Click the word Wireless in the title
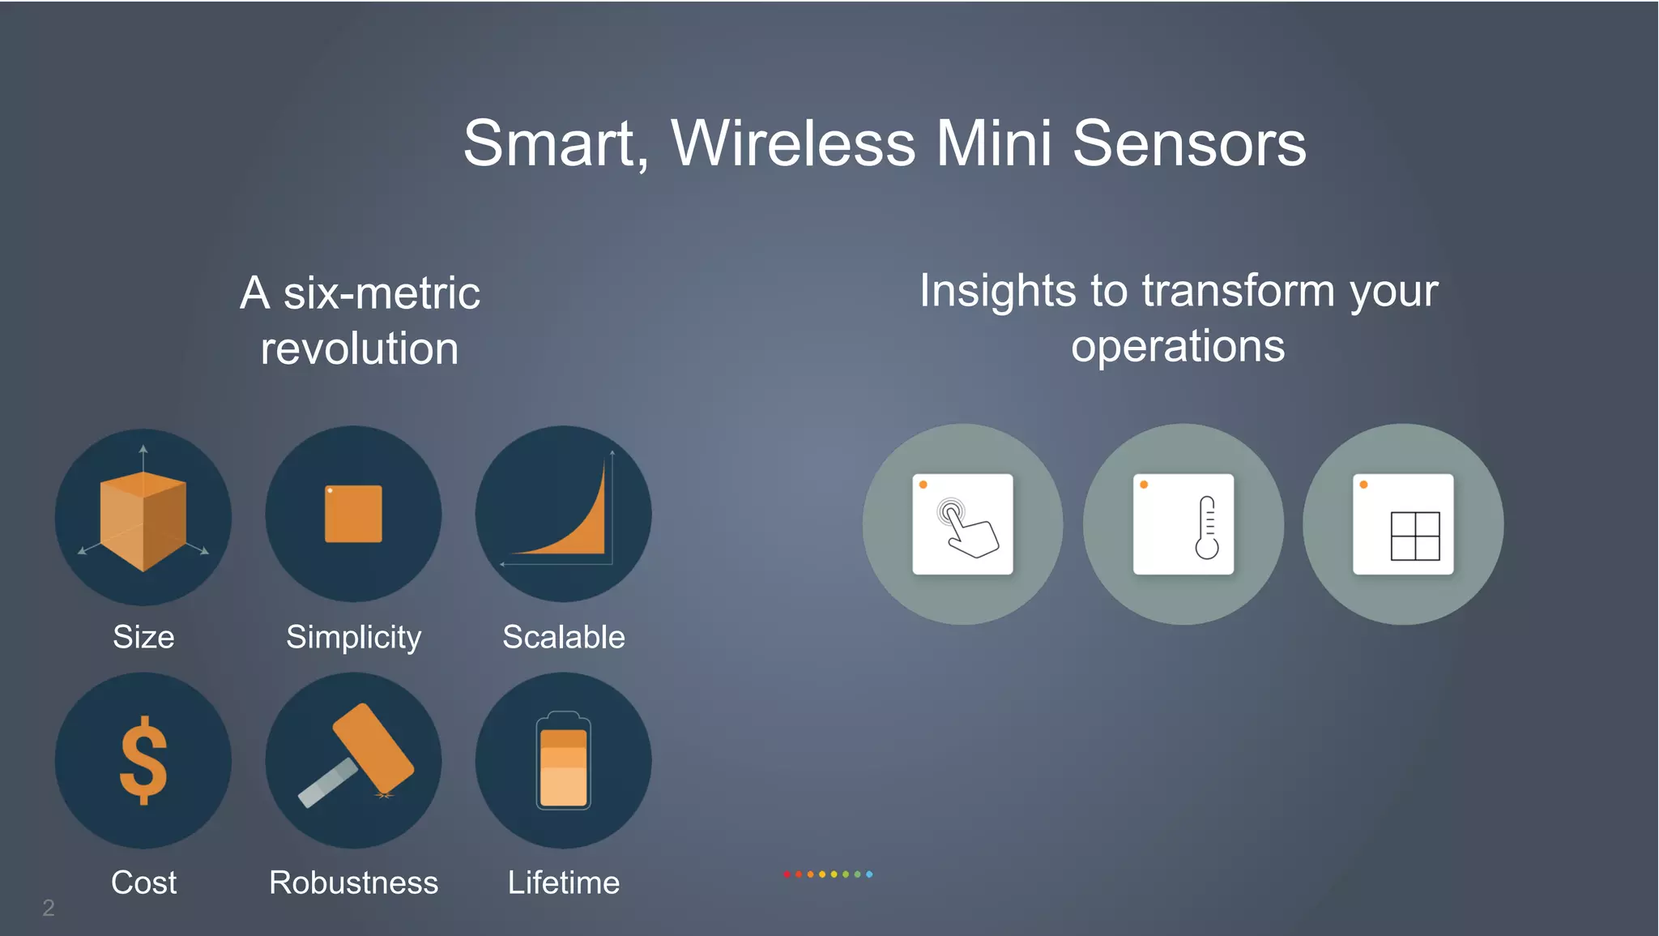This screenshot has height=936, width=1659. tap(793, 143)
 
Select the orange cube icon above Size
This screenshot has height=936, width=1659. tap(143, 520)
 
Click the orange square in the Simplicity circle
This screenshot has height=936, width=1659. tap(353, 514)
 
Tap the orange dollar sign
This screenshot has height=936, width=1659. tap(143, 760)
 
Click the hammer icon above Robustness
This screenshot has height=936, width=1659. tap(356, 754)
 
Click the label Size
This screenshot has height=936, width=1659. tap(143, 637)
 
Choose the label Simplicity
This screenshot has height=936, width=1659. tap(353, 638)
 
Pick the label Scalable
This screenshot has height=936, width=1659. tap(563, 637)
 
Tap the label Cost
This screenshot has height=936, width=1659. tap(143, 883)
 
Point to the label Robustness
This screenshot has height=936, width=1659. tap(353, 883)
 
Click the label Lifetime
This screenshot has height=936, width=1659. tap(563, 883)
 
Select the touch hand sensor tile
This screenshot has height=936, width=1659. tap(962, 524)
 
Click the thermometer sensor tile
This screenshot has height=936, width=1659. tap(1183, 524)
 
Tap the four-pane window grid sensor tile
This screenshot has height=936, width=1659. tap(1403, 524)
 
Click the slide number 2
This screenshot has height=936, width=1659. tap(49, 908)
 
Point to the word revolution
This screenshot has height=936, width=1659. tap(360, 349)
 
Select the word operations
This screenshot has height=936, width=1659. tap(1178, 347)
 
